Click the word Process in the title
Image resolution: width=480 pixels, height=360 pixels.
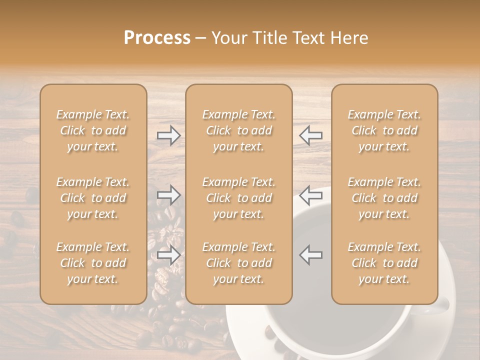pos(157,38)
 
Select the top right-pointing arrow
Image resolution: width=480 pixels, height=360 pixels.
pos(169,135)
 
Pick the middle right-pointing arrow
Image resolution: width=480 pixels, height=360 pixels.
pos(169,195)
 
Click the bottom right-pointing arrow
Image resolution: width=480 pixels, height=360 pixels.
pos(169,255)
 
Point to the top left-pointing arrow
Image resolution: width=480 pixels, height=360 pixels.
pos(310,135)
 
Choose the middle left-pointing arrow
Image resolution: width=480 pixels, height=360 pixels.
pos(310,195)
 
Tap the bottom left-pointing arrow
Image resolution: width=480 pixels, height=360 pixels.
pos(310,255)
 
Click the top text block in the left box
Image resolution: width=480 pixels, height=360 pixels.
pos(93,130)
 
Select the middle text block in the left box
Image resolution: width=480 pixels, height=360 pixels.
pos(93,198)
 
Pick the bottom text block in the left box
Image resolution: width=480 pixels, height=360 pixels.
pos(93,263)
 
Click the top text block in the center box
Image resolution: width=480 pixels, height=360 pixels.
pos(238,130)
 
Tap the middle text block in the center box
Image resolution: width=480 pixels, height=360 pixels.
pos(238,198)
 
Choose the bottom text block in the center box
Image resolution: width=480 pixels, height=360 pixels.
pos(238,263)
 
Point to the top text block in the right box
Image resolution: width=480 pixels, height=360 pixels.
pos(384,130)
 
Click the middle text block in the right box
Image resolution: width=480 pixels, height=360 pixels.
pos(384,198)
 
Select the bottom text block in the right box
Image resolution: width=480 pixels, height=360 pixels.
pos(384,263)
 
